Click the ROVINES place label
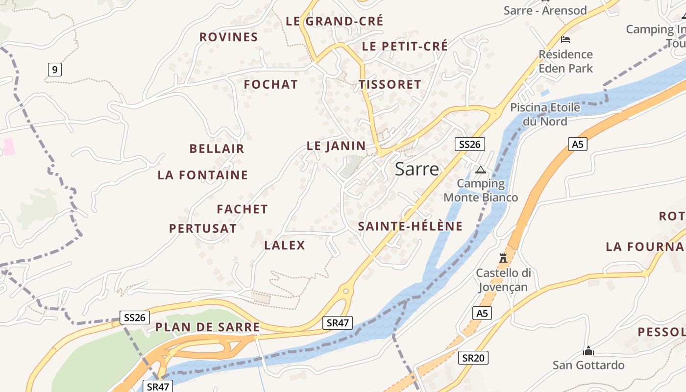228,37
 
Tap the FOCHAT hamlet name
270,84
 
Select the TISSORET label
390,84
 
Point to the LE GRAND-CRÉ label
335,21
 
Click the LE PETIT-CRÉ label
405,46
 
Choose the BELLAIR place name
217,148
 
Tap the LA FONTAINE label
203,175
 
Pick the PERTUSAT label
203,228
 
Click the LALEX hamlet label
285,245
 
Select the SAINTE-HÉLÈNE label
410,226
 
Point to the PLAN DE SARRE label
207,327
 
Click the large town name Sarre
416,169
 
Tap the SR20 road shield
474,358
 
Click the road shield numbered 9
54,70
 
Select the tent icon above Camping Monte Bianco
480,170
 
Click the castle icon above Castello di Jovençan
503,258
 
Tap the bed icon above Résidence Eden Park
565,39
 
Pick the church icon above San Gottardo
588,351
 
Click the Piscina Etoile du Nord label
545,114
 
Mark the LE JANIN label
336,146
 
